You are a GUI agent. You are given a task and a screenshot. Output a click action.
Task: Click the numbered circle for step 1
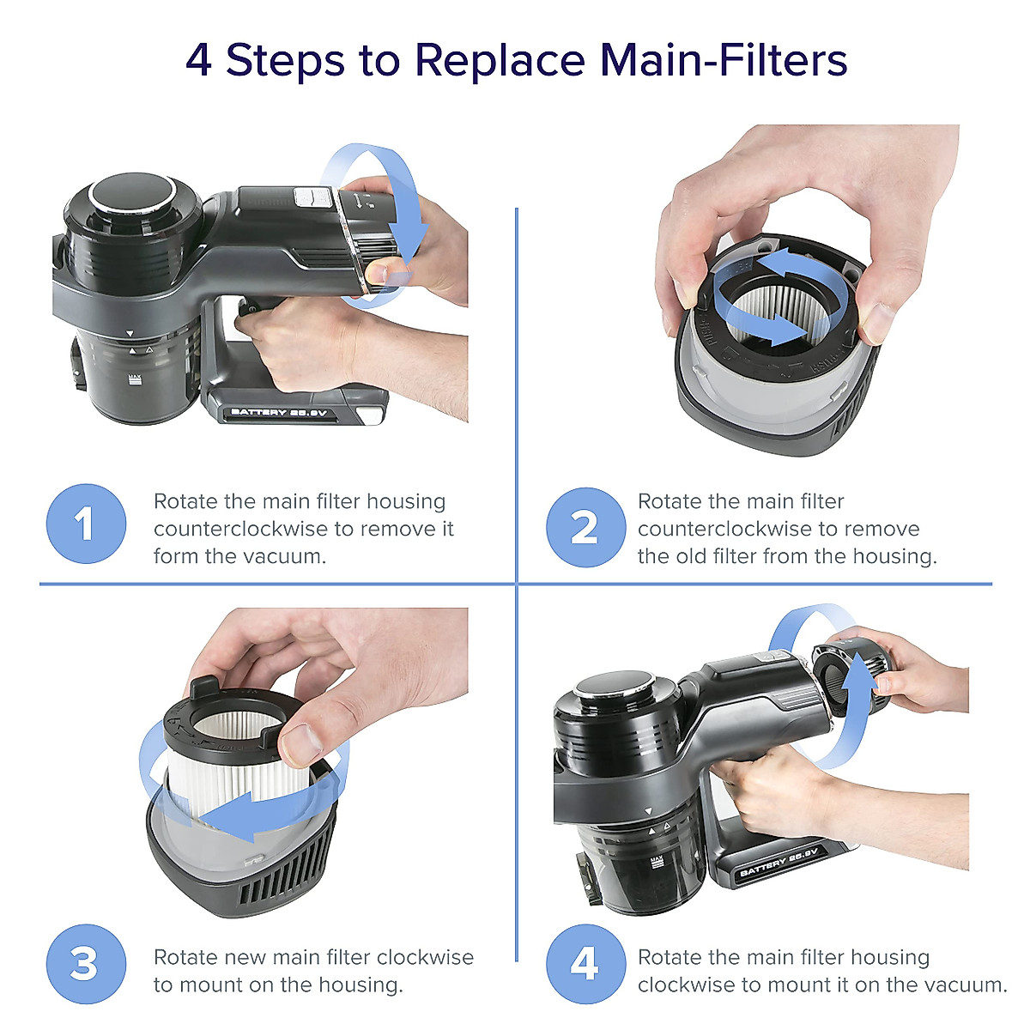[x=86, y=524]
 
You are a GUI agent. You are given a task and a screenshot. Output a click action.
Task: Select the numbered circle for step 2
[x=586, y=527]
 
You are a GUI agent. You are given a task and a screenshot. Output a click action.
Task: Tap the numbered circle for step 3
[x=86, y=964]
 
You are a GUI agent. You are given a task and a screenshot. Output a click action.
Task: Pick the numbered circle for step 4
[x=586, y=964]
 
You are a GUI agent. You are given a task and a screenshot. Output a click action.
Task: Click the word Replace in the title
[x=500, y=61]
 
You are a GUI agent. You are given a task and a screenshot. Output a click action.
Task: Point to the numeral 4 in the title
[x=198, y=60]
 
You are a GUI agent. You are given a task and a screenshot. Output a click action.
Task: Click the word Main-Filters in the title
[x=724, y=59]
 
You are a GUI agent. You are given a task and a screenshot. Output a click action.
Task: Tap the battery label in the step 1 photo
[x=278, y=412]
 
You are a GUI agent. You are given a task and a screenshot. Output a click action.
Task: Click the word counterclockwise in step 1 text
[x=240, y=530]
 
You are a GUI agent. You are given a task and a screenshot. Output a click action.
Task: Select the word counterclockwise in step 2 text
[x=725, y=530]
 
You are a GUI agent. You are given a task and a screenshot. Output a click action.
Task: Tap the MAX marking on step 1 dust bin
[x=136, y=379]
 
